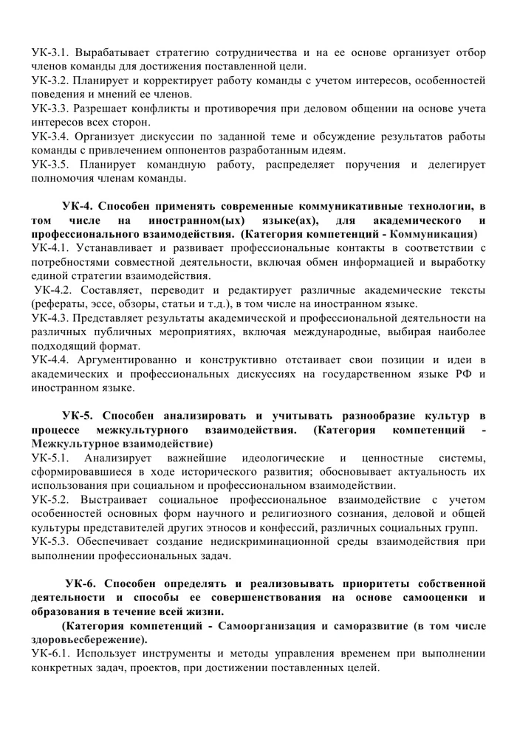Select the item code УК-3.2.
coord(50,80)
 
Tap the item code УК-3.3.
coord(50,109)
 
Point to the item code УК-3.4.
coord(50,137)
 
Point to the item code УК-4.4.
coord(50,360)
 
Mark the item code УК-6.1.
coord(50,654)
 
